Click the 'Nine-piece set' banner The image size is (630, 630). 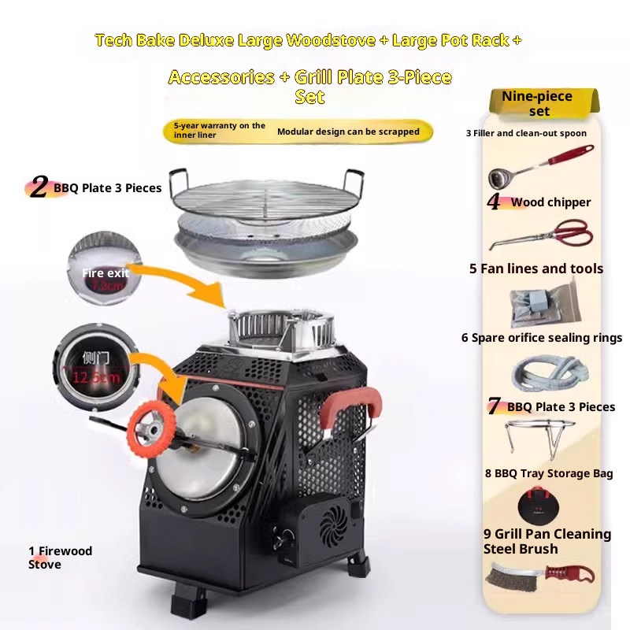[539, 103]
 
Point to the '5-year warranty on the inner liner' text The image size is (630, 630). [220, 130]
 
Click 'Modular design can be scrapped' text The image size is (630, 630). [348, 132]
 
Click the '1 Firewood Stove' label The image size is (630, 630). [60, 557]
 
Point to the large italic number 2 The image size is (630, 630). [38, 187]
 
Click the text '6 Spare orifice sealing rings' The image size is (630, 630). [541, 338]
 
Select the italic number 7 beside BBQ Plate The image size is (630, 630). [494, 407]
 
